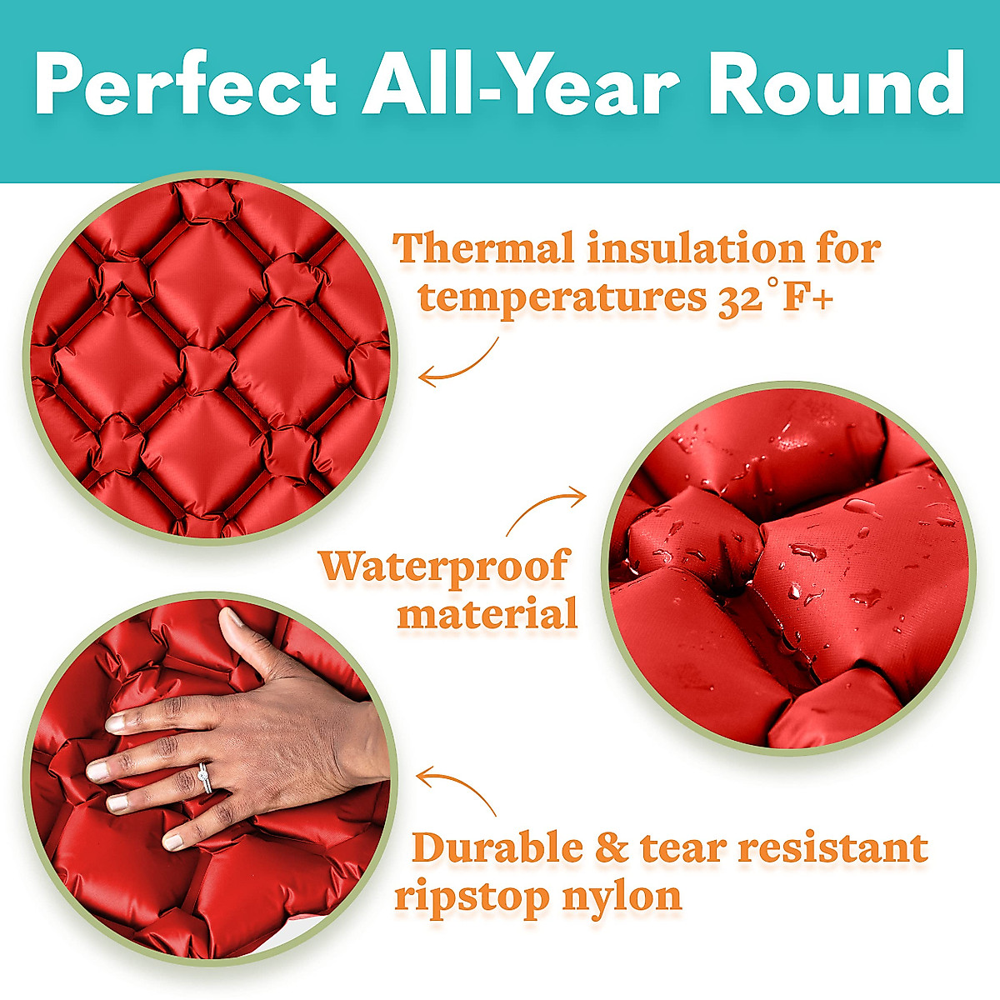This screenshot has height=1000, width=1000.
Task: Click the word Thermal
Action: click(484, 248)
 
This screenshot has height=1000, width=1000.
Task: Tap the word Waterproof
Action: click(443, 567)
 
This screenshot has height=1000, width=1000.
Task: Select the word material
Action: click(487, 615)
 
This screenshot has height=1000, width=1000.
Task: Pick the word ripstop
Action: click(471, 897)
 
